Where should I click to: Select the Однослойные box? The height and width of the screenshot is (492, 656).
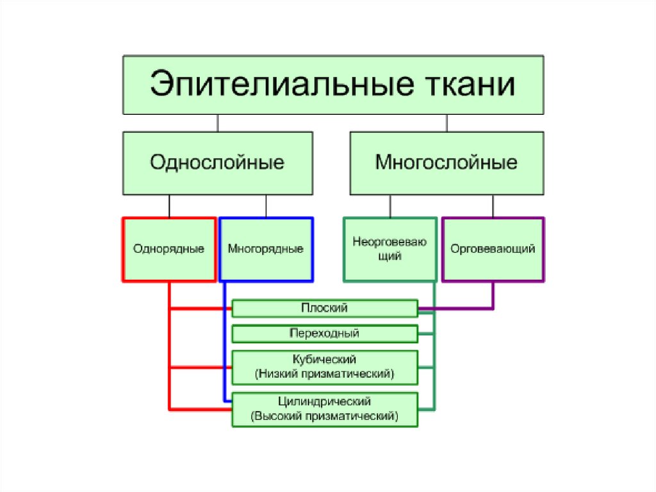click(x=217, y=163)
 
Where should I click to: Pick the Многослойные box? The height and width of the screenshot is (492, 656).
click(x=446, y=163)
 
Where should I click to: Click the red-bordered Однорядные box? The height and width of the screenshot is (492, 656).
click(x=168, y=249)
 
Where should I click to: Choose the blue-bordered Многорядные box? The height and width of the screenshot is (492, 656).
click(x=266, y=249)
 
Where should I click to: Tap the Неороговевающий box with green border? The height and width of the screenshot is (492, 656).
click(x=389, y=249)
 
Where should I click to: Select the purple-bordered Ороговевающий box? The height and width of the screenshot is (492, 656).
click(x=493, y=249)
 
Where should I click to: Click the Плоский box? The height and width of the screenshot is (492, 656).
click(x=324, y=309)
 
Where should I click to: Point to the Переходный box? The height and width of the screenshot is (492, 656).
click(x=324, y=334)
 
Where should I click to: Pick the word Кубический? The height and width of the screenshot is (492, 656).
click(x=324, y=360)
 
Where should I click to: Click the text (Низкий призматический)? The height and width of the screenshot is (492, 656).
click(x=324, y=373)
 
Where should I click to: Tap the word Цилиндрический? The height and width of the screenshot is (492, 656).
click(x=324, y=402)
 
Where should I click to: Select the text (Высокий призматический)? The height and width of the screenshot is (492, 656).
click(x=324, y=416)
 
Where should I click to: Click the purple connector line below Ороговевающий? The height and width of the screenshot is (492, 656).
click(x=493, y=296)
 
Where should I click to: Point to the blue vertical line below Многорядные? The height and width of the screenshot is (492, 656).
click(x=224, y=346)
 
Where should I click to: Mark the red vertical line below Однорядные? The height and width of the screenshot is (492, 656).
click(x=170, y=346)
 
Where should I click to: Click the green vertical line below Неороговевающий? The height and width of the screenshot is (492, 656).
click(x=434, y=346)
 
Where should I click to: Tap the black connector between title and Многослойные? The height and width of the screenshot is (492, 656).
click(x=447, y=123)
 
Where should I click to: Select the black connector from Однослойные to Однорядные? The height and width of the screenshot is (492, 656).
click(x=169, y=206)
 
